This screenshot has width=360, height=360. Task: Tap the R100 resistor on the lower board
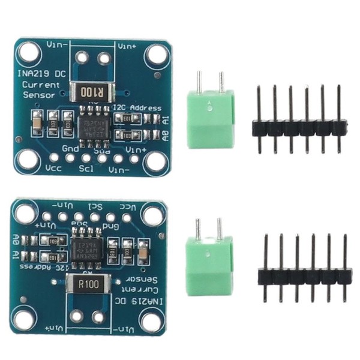(88, 284)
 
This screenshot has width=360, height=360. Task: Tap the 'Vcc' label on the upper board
(54, 169)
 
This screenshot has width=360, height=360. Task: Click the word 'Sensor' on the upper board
(38, 95)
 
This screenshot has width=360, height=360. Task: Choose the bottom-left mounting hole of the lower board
(24, 320)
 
